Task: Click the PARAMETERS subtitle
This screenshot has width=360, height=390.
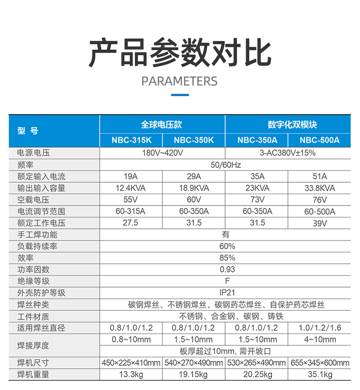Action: point(180,81)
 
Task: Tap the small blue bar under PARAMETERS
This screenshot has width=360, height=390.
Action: point(180,95)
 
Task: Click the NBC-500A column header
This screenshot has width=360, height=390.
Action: point(319,140)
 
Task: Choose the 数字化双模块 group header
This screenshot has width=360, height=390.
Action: point(288,124)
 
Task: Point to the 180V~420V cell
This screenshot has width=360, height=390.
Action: point(162,153)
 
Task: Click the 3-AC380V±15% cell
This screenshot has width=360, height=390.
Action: point(288,153)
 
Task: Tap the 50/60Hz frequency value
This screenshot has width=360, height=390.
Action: point(225,164)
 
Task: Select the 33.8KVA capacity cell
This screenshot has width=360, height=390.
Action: point(319,188)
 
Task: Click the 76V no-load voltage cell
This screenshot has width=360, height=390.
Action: point(319,200)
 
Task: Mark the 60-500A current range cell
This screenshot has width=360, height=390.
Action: point(319,211)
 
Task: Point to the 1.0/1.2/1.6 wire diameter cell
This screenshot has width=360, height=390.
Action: point(319,328)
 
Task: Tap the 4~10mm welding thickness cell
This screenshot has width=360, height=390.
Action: point(319,339)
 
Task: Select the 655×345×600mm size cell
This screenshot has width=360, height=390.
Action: point(319,363)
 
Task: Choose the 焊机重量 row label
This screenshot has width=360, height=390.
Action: point(33,375)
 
